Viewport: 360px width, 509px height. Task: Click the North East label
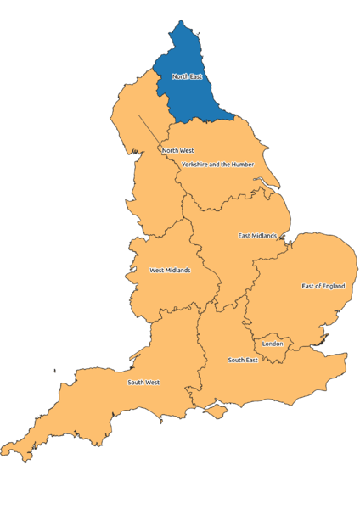click(187, 76)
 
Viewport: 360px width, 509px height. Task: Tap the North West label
click(177, 151)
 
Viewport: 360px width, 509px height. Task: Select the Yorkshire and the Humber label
click(217, 164)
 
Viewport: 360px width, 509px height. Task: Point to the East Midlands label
click(257, 235)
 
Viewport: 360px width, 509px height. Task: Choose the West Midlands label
click(170, 271)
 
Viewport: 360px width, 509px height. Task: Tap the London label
click(272, 344)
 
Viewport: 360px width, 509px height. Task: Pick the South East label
click(242, 361)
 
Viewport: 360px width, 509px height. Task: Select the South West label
click(143, 383)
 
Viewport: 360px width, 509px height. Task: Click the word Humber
click(241, 164)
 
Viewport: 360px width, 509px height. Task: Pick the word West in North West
click(186, 151)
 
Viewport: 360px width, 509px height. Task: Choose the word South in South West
click(136, 383)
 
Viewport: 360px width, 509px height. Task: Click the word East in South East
click(251, 361)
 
